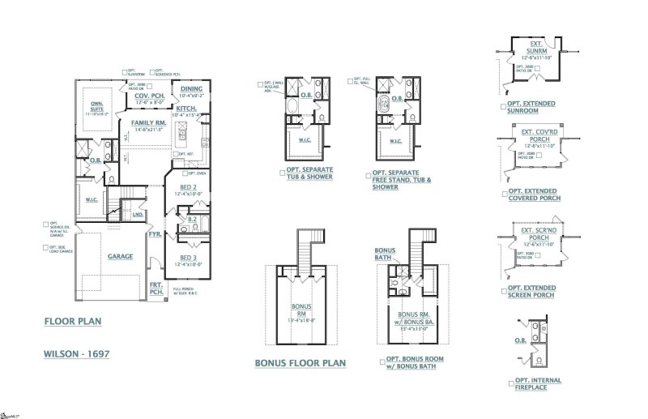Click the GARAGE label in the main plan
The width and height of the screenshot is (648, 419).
point(120,256)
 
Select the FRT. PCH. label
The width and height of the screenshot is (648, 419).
point(156,289)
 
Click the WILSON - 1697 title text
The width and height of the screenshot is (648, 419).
point(75,354)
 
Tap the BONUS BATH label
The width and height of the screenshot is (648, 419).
point(385,254)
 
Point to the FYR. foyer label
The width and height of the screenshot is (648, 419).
point(156,234)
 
